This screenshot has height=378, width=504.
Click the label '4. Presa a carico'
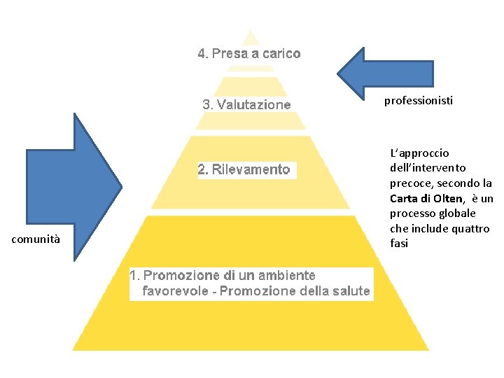point(248,53)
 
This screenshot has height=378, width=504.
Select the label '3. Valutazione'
point(246,105)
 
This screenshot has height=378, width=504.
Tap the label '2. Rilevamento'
point(244,169)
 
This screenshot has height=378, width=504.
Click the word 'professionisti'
point(419,101)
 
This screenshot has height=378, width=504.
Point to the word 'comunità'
point(36,240)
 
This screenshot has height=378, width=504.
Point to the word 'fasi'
point(399,244)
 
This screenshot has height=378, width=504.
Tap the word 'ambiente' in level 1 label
point(286,276)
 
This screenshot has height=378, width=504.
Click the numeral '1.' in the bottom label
point(136,276)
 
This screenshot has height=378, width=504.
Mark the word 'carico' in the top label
point(282,53)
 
